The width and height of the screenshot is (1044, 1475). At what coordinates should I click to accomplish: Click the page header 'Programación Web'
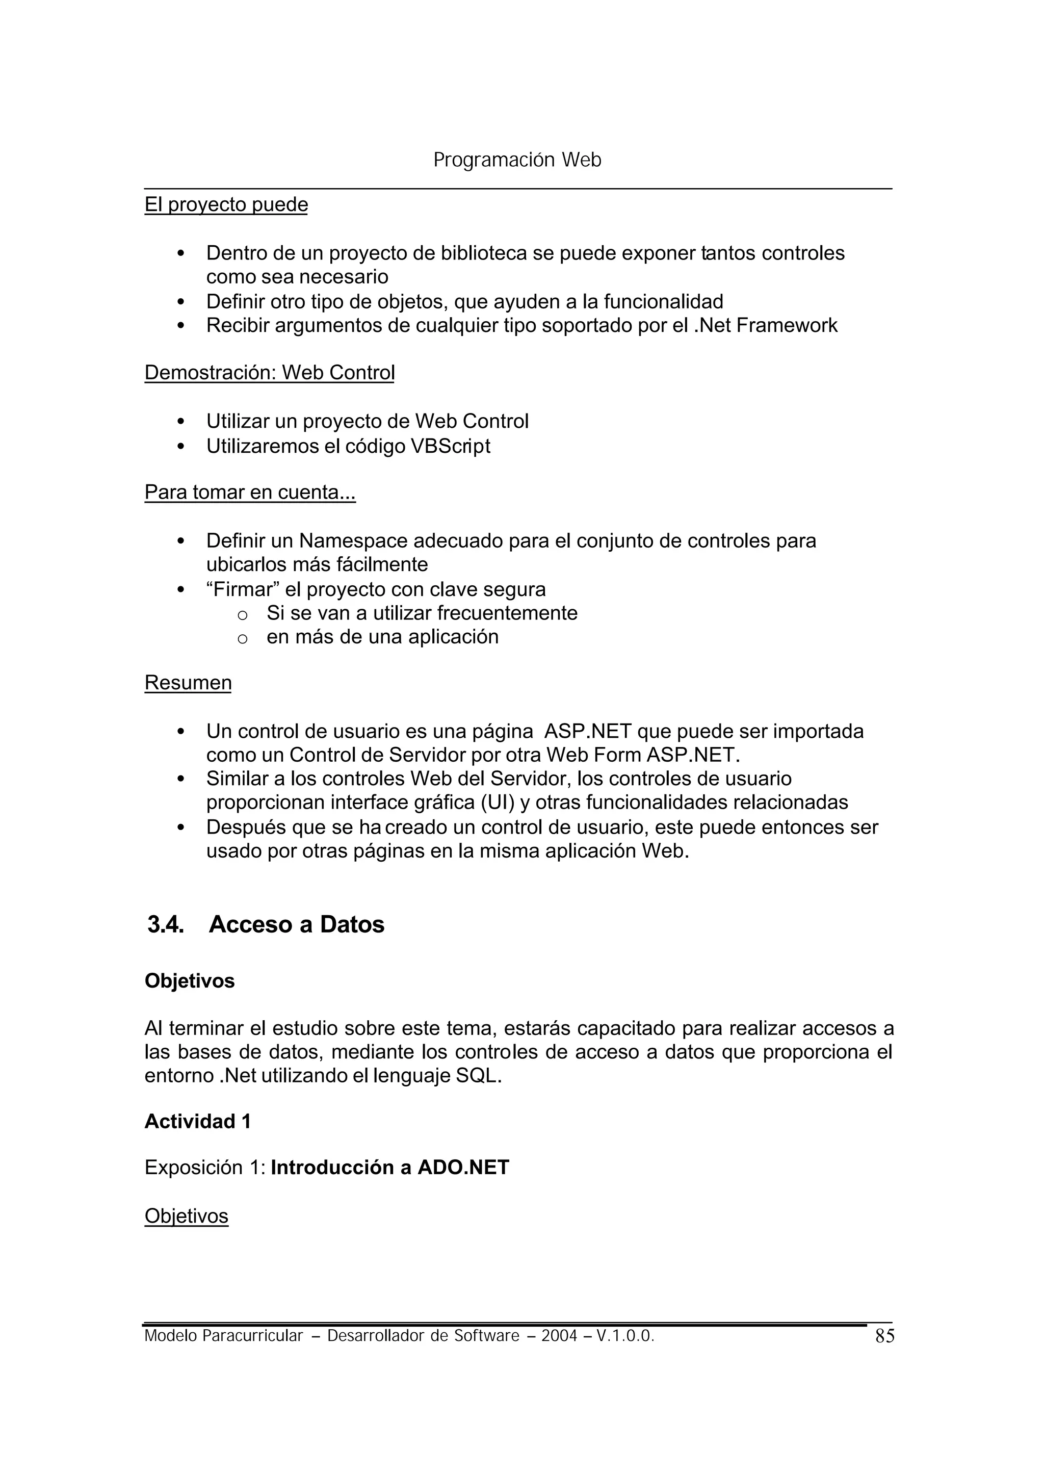(517, 160)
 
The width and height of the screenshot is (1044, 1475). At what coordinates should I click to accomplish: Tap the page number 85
(884, 1336)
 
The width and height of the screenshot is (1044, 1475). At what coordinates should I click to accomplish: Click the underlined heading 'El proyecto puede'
(226, 204)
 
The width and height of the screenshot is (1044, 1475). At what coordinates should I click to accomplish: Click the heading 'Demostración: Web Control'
(269, 372)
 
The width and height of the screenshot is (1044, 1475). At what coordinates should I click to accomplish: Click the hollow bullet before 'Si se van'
(242, 615)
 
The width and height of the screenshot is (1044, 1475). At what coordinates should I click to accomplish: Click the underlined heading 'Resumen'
(188, 682)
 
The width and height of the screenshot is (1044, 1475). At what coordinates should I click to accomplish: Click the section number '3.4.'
(166, 924)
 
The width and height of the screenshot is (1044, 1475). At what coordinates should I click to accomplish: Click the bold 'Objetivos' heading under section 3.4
(190, 981)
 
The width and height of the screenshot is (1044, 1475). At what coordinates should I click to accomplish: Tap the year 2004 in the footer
(559, 1336)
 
